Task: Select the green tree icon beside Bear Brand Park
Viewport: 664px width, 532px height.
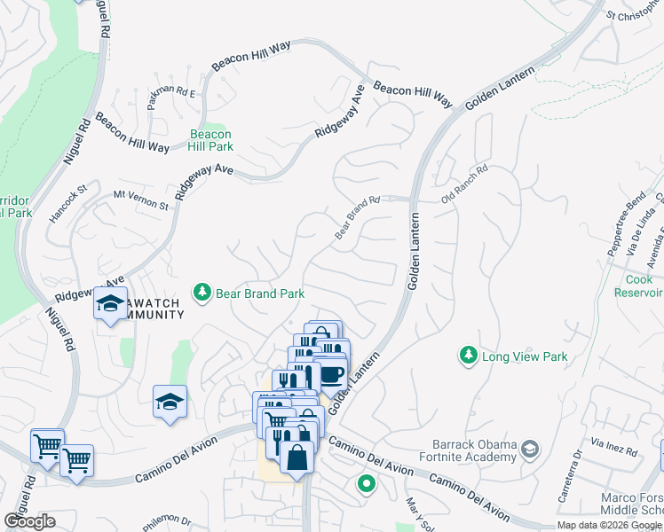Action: (x=202, y=293)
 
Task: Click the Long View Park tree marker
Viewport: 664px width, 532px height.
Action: (x=468, y=356)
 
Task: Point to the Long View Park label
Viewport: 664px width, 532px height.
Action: (x=524, y=357)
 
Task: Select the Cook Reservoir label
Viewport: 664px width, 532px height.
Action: (x=639, y=286)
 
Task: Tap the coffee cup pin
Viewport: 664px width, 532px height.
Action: (x=331, y=374)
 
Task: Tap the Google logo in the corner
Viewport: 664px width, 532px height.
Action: (x=29, y=521)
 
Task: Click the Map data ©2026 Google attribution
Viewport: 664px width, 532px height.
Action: (x=609, y=525)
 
